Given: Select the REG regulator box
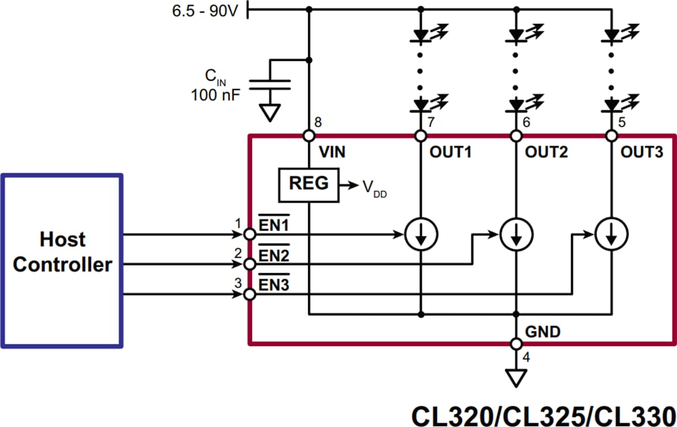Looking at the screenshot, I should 308,184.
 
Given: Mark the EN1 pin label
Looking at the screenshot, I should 274,224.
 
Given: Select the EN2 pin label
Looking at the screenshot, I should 274,255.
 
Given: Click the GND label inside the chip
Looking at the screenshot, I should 543,331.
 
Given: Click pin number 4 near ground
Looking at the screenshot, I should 525,358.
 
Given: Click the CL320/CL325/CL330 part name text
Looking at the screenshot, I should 543,413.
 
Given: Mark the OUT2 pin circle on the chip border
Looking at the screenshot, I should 516,135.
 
